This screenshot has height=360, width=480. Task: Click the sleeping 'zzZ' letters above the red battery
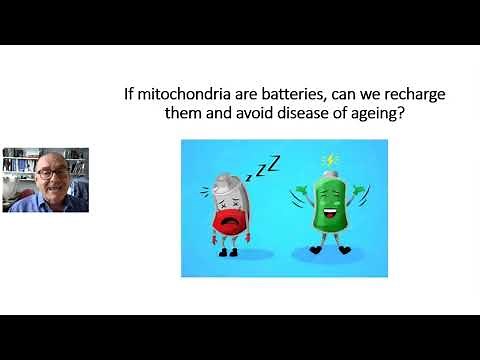pos(267,166)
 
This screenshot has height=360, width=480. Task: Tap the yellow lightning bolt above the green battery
pos(330,159)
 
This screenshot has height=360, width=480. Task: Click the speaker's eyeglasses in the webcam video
pos(47,173)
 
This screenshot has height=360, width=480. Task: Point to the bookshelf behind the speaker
pos(14,166)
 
